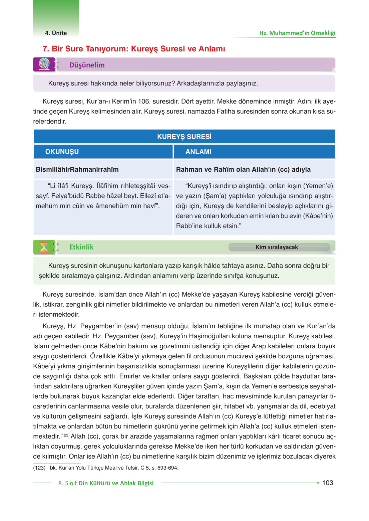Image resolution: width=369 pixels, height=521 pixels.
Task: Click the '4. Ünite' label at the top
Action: pos(56,33)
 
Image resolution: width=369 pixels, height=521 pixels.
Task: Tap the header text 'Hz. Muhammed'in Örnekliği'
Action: pos(297,33)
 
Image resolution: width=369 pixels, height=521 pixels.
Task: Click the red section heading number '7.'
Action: pos(46,49)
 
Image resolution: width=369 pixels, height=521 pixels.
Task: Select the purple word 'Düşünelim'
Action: pos(87,65)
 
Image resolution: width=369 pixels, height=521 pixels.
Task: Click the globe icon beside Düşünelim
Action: pos(44,64)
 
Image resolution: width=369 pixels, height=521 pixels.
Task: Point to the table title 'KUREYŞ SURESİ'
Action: pos(184,137)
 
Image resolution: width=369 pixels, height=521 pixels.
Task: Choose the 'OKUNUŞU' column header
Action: pos(62,152)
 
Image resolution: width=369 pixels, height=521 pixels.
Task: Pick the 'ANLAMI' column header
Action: pos(198,152)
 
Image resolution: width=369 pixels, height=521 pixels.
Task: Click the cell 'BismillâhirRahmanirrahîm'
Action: pos(77,169)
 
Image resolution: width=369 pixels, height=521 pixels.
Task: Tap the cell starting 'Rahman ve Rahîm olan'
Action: pos(243,169)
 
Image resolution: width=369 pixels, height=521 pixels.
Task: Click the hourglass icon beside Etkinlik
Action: pos(44,247)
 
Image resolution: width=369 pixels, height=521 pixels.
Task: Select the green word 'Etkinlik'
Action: pos(81,247)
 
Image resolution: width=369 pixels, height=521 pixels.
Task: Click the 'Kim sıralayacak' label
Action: pos(277,247)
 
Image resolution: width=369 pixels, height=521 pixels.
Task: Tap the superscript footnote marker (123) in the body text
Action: pos(65,435)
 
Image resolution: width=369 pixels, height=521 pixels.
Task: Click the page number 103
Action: pos(327,483)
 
